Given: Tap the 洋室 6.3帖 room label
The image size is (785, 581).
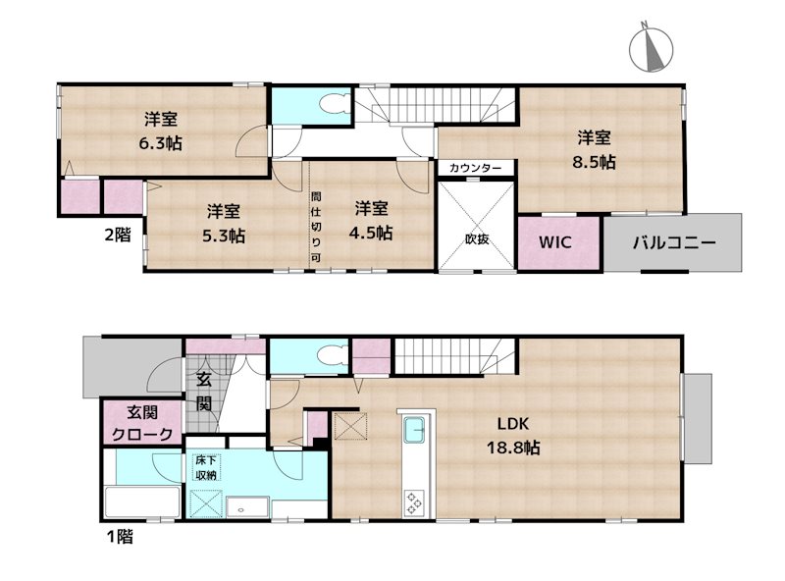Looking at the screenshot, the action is point(160,132).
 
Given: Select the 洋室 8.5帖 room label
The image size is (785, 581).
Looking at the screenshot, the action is point(594,149).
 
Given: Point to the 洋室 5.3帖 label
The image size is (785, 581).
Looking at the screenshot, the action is point(224,223).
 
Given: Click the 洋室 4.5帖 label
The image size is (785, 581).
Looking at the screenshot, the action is point(371,221).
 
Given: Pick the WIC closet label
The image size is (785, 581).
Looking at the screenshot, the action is point(555,242).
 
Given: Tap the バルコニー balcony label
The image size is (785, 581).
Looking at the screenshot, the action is point(674,243).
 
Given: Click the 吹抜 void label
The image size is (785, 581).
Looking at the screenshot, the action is point(477,238).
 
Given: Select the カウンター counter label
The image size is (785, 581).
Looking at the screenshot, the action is point(475,168).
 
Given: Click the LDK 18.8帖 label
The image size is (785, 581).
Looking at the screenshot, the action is point(513,435).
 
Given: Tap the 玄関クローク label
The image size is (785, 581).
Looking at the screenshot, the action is point(142,423).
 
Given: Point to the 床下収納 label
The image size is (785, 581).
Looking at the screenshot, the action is point(206,467).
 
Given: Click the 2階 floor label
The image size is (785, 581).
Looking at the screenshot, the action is point(118,234).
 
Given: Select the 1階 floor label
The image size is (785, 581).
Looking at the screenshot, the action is point(120,537).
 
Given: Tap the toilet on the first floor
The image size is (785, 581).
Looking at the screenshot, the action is point(333,354).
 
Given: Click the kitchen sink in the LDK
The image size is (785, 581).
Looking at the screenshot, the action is point(414,430).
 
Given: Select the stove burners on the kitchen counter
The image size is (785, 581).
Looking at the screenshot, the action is point(414,502).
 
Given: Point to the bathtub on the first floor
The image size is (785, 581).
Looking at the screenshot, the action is point(142,502).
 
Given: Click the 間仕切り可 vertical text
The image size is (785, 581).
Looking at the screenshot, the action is point(316,227).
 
